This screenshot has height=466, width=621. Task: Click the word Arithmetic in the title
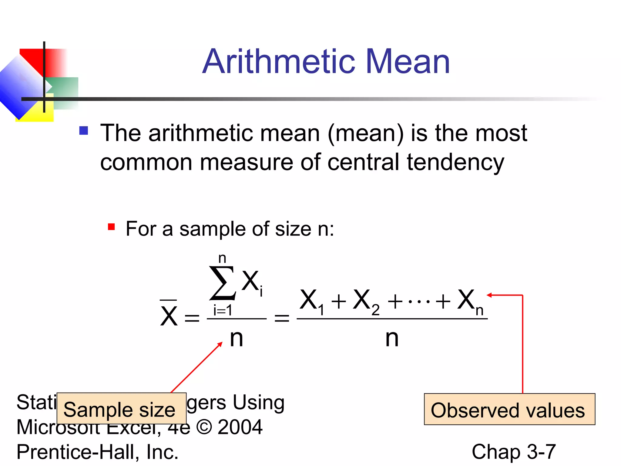tap(278, 62)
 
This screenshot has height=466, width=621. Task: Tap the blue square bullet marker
tap(83, 130)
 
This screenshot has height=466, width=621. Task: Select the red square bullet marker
tap(111, 227)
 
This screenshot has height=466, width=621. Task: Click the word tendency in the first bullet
tap(455, 162)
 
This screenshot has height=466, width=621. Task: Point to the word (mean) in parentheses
tap(366, 133)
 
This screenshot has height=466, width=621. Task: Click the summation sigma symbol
tap(222, 283)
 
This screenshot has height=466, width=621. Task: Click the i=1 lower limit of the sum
tap(223, 310)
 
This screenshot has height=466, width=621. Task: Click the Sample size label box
tap(121, 408)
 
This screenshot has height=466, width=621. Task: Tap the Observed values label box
tap(509, 409)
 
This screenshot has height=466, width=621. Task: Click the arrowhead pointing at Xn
tap(489, 295)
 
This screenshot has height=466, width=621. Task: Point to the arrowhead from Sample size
tap(220, 344)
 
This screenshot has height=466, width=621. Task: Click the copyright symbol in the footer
tap(204, 427)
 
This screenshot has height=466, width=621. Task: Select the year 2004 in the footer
tap(240, 427)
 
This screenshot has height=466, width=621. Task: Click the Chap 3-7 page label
tap(514, 452)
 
